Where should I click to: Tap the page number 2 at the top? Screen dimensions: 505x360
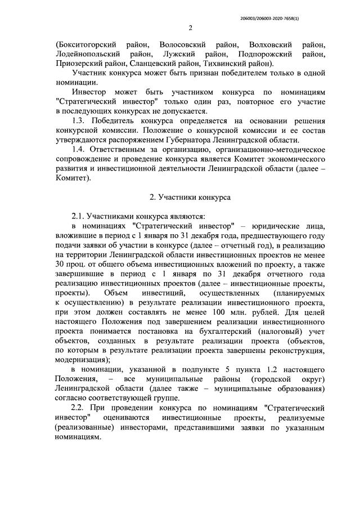[x=190, y=28]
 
